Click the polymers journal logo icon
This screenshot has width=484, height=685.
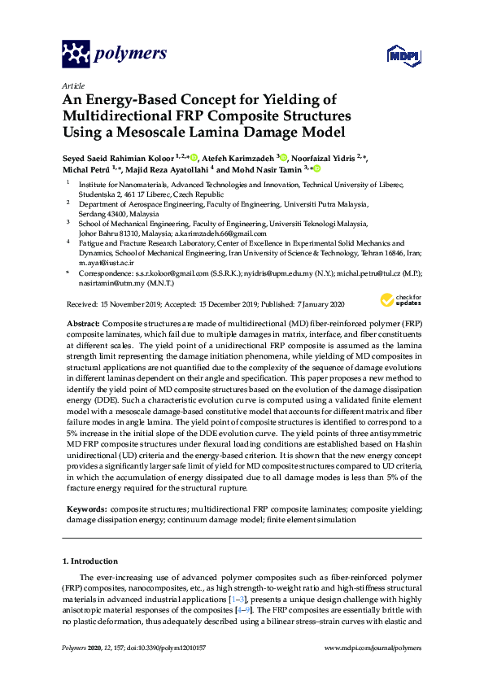pyautogui.click(x=76, y=55)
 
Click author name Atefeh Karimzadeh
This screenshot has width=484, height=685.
pyautogui.click(x=238, y=157)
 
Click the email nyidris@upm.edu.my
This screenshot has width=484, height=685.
pyautogui.click(x=276, y=274)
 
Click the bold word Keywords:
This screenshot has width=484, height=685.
pyautogui.click(x=85, y=508)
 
